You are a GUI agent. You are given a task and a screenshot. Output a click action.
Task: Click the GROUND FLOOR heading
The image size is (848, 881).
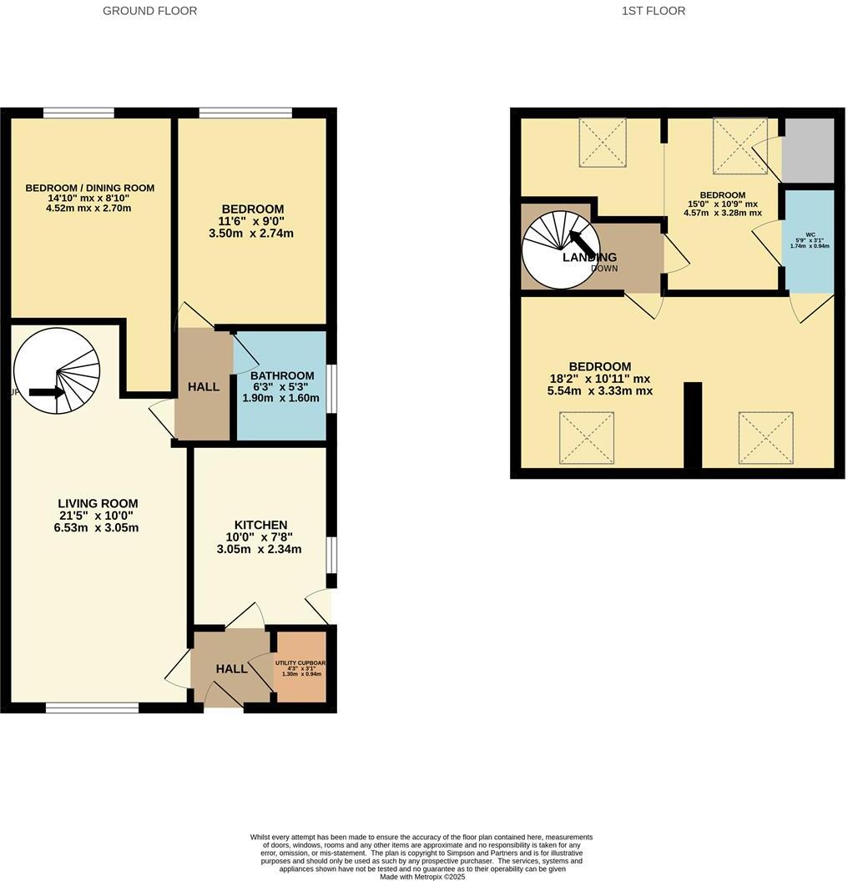150,11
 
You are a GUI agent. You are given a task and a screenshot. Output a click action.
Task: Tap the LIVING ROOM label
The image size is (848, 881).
98,503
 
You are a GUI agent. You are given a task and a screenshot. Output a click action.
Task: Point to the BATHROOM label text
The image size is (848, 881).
282,375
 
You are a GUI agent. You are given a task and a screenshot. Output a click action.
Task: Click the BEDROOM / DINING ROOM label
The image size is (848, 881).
89,188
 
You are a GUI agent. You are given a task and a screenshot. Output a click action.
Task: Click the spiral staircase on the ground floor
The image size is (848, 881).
57,370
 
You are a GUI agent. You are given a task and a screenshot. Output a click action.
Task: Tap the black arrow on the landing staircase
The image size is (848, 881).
583,244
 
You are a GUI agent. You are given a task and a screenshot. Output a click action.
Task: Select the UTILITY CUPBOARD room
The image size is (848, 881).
300,667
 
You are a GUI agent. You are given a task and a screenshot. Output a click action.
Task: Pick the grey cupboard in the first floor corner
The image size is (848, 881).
807,150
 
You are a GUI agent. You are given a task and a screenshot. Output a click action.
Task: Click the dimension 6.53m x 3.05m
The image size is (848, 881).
98,527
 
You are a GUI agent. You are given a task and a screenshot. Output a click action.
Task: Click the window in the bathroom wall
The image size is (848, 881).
331,388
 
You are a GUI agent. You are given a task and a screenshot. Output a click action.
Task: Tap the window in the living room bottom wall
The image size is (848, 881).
92,707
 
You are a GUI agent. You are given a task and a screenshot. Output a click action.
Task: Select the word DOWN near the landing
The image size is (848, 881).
604,269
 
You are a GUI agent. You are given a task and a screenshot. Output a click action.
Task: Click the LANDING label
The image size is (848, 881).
589,257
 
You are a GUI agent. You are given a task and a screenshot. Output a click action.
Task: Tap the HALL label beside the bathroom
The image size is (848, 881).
204,387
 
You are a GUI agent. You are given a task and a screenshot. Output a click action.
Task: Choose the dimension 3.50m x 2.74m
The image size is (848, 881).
252,233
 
